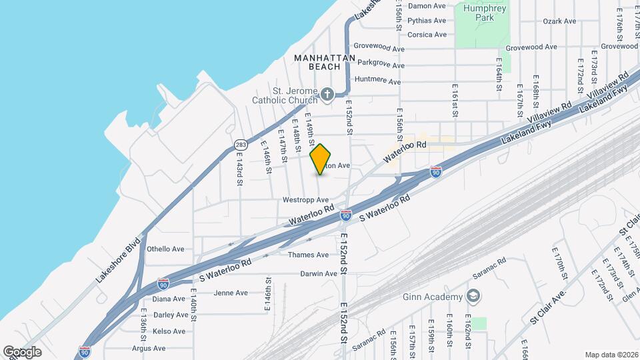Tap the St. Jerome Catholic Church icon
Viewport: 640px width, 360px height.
point(327,95)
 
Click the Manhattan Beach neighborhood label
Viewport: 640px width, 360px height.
point(325,62)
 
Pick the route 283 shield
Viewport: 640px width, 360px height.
point(241,143)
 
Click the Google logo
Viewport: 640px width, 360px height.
point(22,351)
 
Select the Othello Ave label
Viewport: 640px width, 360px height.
point(165,249)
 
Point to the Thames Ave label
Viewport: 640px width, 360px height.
point(308,255)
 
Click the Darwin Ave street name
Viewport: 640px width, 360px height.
point(319,273)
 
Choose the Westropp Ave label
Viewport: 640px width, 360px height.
point(306,199)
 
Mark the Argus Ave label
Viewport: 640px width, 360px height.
point(149,348)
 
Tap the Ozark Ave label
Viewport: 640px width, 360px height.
point(559,21)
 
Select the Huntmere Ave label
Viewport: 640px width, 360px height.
point(378,81)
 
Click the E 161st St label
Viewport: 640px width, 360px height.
point(455,100)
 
